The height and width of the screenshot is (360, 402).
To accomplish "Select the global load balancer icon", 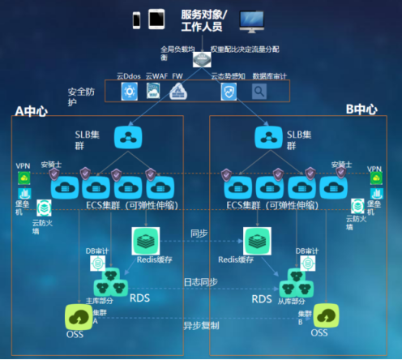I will (x=200, y=58).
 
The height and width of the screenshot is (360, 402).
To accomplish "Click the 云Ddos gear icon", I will (x=130, y=92).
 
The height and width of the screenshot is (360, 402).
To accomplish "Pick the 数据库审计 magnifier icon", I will (x=259, y=92).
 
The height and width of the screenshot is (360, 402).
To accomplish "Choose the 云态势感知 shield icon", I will (x=229, y=92).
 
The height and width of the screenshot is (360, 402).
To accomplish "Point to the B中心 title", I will (x=361, y=109).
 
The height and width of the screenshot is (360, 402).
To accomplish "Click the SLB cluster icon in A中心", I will (x=128, y=137).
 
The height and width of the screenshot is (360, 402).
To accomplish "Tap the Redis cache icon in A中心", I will (x=145, y=239).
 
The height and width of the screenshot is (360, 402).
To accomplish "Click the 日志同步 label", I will (x=200, y=281).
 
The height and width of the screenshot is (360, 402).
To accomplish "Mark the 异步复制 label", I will (x=199, y=325).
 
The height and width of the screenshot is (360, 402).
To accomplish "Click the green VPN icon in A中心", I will (x=25, y=178).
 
